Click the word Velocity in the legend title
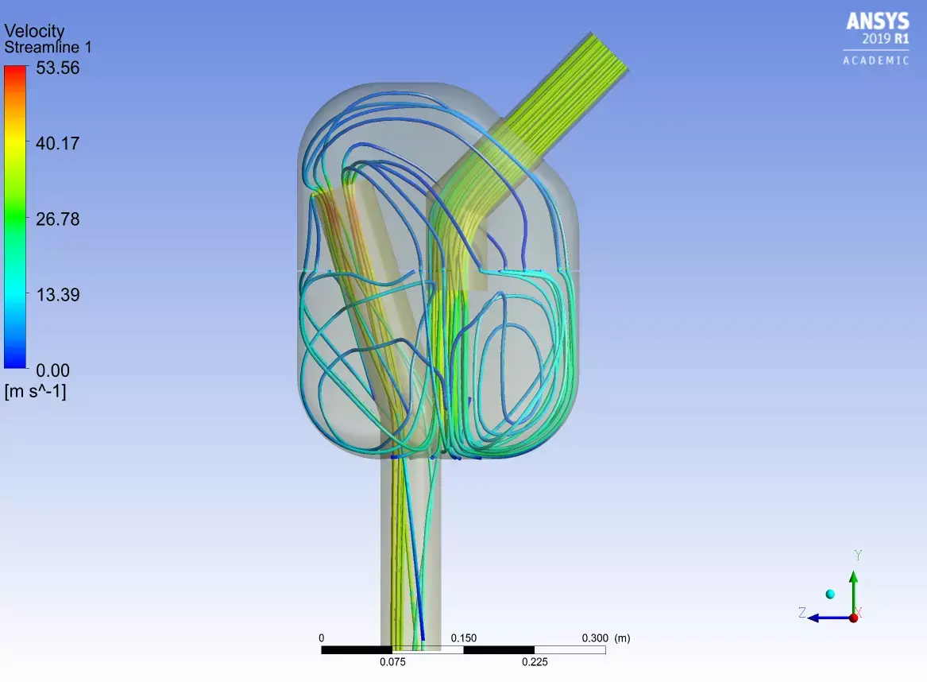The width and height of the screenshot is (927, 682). coord(34,31)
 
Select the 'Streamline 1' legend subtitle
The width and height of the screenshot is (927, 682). coord(48,48)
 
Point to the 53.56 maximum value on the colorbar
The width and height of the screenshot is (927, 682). coord(58,68)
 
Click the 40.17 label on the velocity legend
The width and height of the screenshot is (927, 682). coord(58,144)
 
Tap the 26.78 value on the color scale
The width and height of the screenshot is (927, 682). coord(58,219)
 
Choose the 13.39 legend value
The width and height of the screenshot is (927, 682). coord(58,295)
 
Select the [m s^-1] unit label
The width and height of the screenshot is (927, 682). coord(36,390)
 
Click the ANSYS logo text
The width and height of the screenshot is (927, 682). coord(877,21)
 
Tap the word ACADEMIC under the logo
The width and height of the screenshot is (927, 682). coord(876,60)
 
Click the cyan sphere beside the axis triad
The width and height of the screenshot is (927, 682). coord(830,594)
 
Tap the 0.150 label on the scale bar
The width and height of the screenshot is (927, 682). coord(463,638)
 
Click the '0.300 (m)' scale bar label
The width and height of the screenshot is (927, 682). coord(606,638)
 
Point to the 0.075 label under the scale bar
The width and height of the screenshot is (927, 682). coord(392,661)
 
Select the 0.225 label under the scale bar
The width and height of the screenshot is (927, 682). coord(535,661)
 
